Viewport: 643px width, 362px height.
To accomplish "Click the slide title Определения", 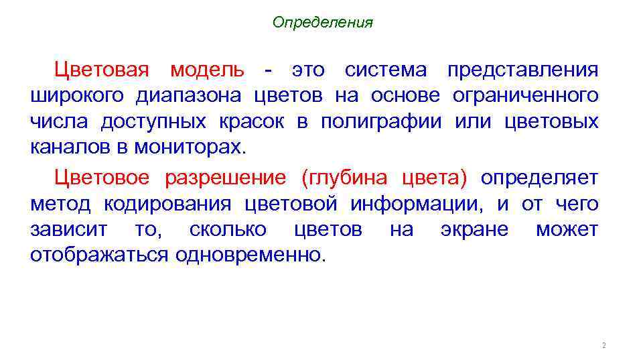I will click(x=322, y=23).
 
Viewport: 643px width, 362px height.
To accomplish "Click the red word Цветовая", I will click(x=104, y=70).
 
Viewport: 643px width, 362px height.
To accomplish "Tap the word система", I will click(x=385, y=70).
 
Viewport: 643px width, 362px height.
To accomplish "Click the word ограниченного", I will click(x=526, y=96).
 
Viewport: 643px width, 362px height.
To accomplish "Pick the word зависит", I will click(x=68, y=230).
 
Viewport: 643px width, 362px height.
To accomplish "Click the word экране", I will click(x=474, y=230).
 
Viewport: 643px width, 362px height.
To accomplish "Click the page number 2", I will click(x=603, y=346).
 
